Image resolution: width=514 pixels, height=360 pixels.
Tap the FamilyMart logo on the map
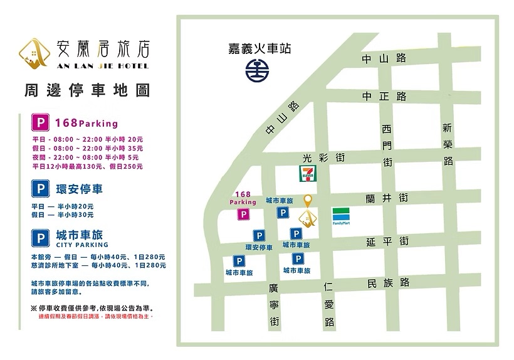[342, 215]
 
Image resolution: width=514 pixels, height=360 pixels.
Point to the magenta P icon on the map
[243, 214]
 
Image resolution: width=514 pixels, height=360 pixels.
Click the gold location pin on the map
[307, 201]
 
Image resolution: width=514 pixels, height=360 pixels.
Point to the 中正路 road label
[384, 97]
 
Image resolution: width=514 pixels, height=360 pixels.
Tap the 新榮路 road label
[447, 144]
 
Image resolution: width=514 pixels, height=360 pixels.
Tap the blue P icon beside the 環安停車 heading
[41, 188]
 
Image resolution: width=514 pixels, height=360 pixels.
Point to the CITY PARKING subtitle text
[82, 245]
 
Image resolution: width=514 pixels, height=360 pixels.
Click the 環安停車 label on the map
[258, 248]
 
